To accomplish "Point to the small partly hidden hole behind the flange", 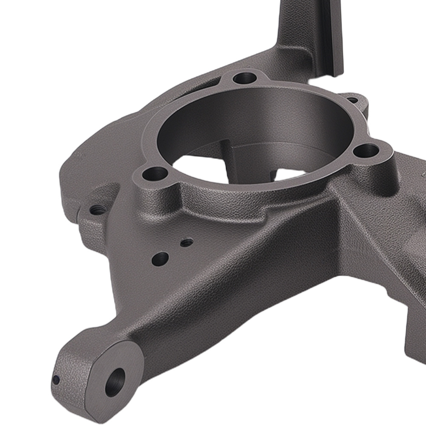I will [x=352, y=101].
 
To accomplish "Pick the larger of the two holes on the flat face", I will [x=160, y=258].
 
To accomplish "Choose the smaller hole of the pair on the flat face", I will [x=187, y=242].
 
